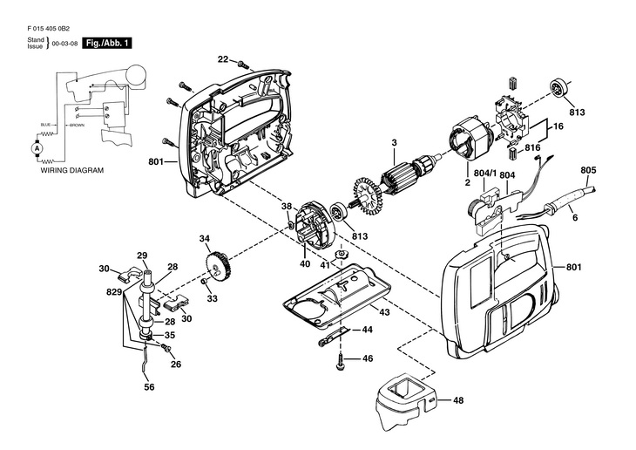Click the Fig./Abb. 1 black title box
[107, 43]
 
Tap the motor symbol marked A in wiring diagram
[37, 148]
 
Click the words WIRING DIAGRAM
[72, 170]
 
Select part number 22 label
[223, 59]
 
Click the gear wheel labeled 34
[218, 267]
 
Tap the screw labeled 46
[341, 361]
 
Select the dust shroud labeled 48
[407, 400]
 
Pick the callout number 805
[588, 170]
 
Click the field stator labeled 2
[471, 137]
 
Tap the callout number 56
[149, 387]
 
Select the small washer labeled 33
[205, 282]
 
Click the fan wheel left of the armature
[368, 198]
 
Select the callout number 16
[558, 126]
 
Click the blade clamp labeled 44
[334, 337]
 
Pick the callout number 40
[305, 264]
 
